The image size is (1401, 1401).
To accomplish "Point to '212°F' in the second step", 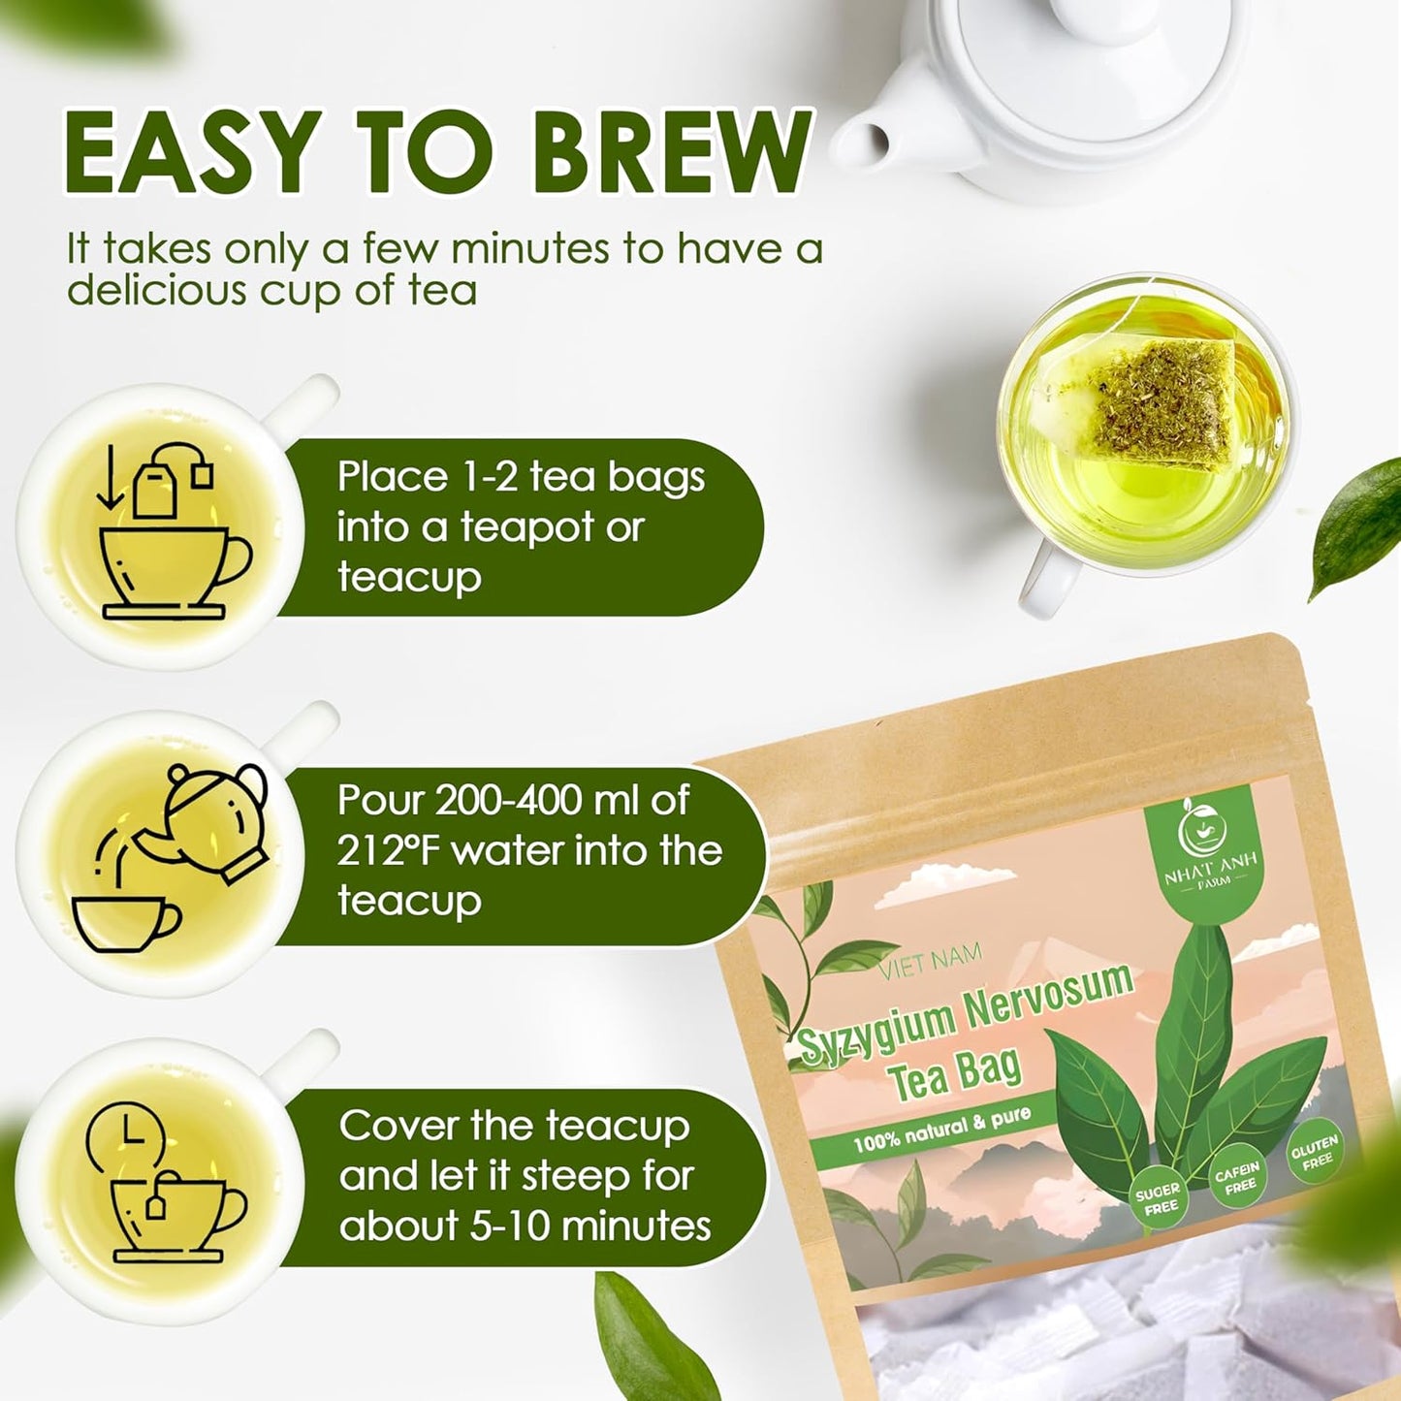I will [389, 851].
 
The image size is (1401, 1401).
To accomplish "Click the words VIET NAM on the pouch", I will [930, 963].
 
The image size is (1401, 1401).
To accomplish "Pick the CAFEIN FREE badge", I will [1237, 1177].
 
